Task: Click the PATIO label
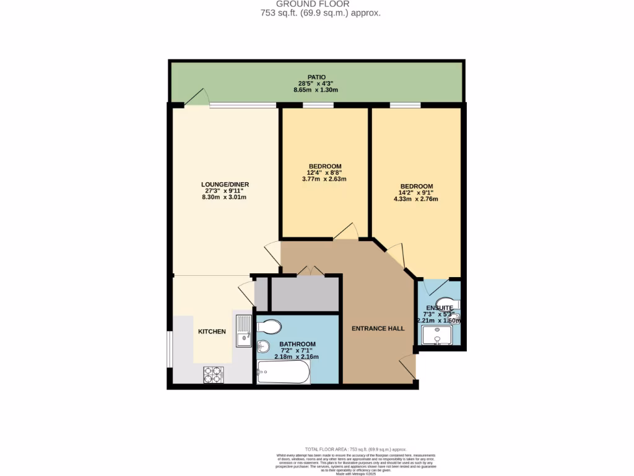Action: click(316, 77)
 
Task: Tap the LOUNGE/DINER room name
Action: click(225, 184)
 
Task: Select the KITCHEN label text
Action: click(212, 332)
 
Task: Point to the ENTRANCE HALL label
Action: click(378, 328)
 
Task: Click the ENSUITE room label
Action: click(439, 307)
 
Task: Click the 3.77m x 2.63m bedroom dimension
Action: click(324, 179)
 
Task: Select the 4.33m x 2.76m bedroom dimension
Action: click(415, 200)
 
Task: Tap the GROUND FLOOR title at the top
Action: click(316, 4)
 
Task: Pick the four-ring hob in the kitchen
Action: click(214, 374)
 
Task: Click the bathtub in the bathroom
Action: click(283, 372)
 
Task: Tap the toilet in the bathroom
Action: click(269, 327)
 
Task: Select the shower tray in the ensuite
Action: click(440, 335)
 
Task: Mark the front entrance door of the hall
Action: click(407, 368)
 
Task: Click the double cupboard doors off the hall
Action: click(310, 271)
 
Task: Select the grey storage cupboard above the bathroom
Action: click(305, 294)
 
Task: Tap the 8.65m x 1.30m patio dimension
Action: click(316, 90)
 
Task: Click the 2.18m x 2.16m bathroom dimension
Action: click(297, 358)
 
